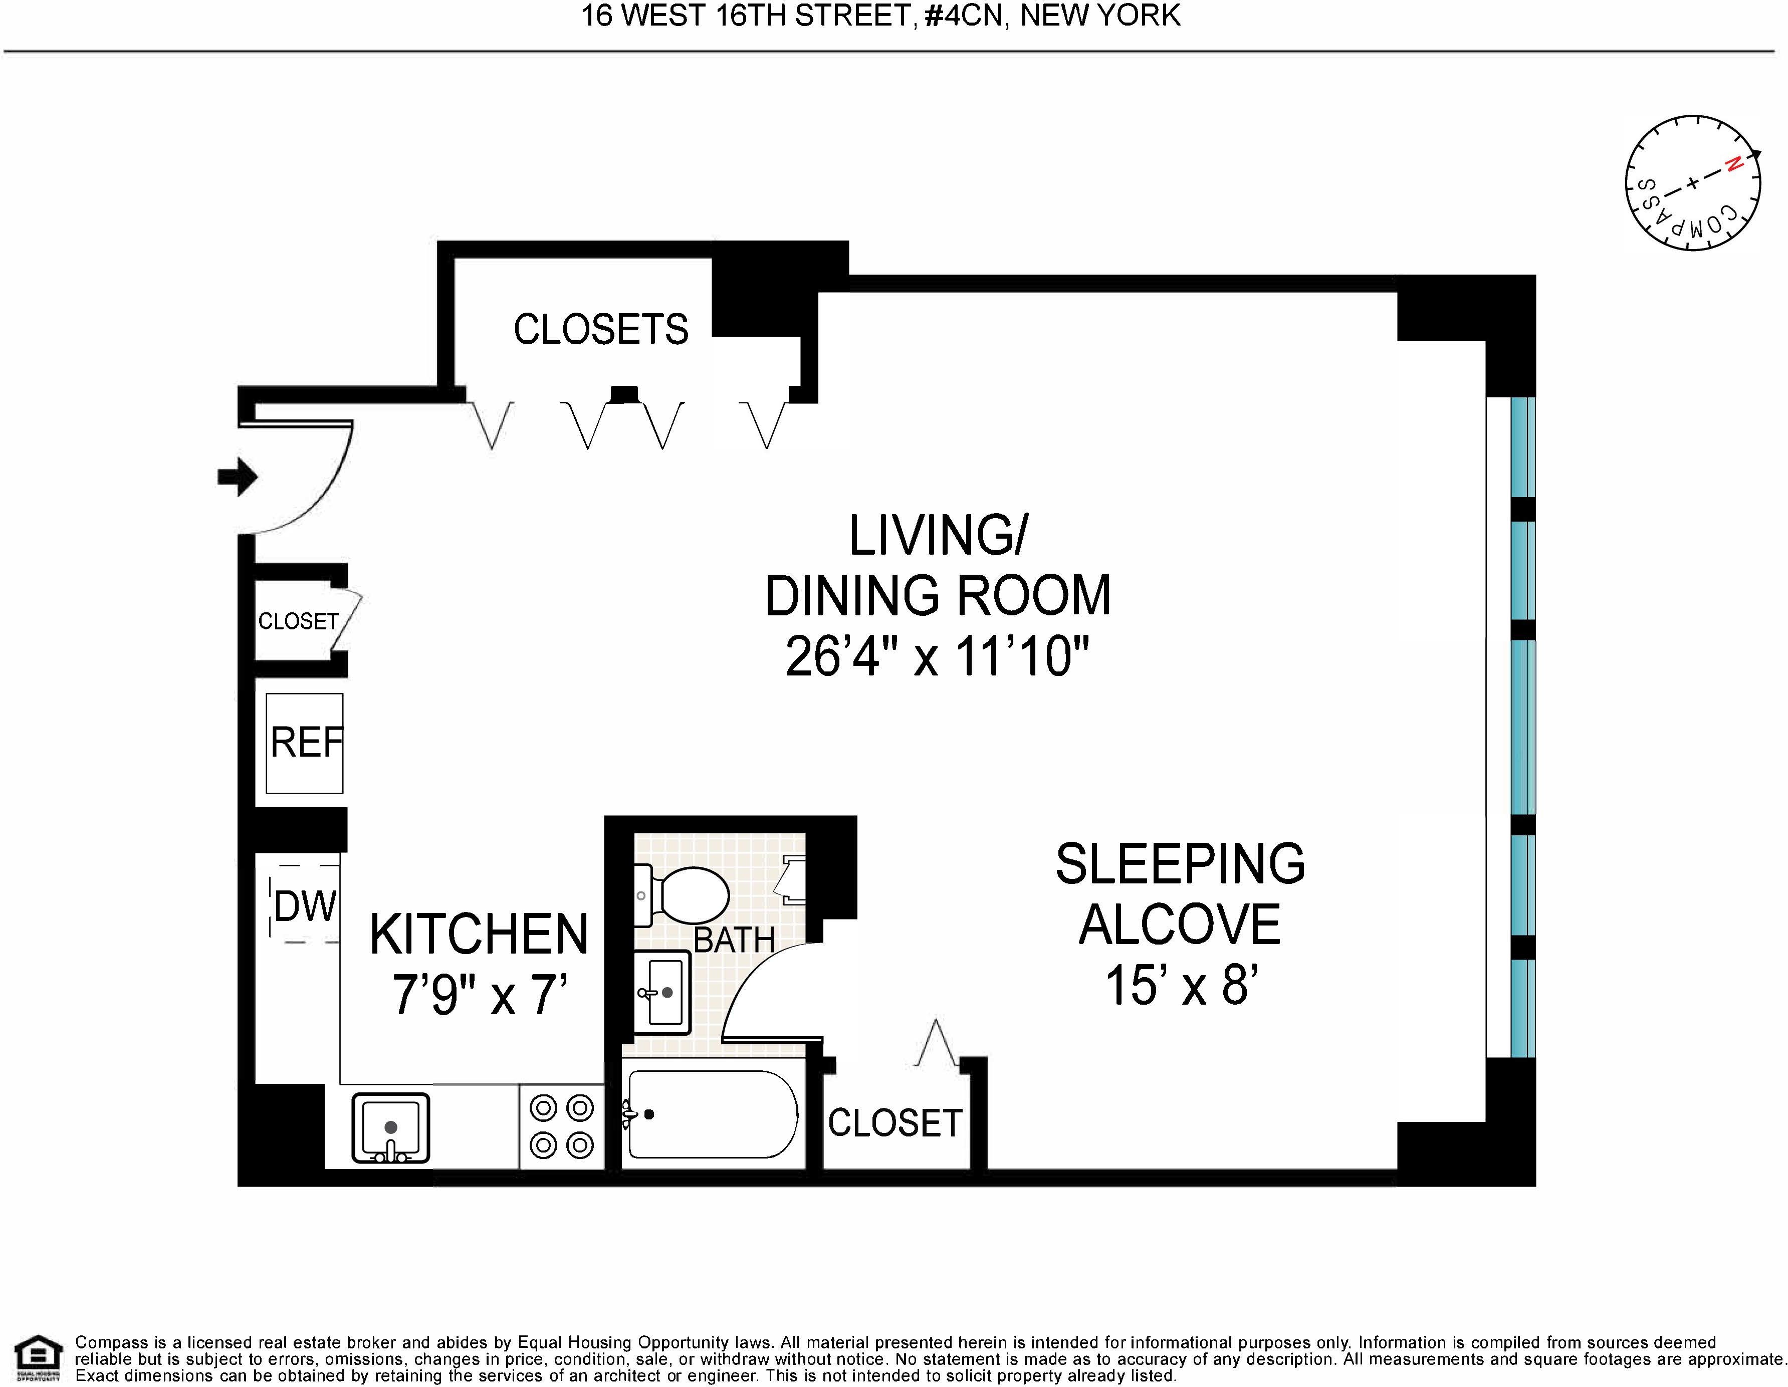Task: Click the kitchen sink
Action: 390,1127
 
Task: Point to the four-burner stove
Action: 562,1126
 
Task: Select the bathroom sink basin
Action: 663,992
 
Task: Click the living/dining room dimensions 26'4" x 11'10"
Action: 938,656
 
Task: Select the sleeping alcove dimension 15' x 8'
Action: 1181,984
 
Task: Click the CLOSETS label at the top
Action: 601,329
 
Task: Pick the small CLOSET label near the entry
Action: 298,621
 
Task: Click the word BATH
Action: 734,940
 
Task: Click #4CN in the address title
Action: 963,16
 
